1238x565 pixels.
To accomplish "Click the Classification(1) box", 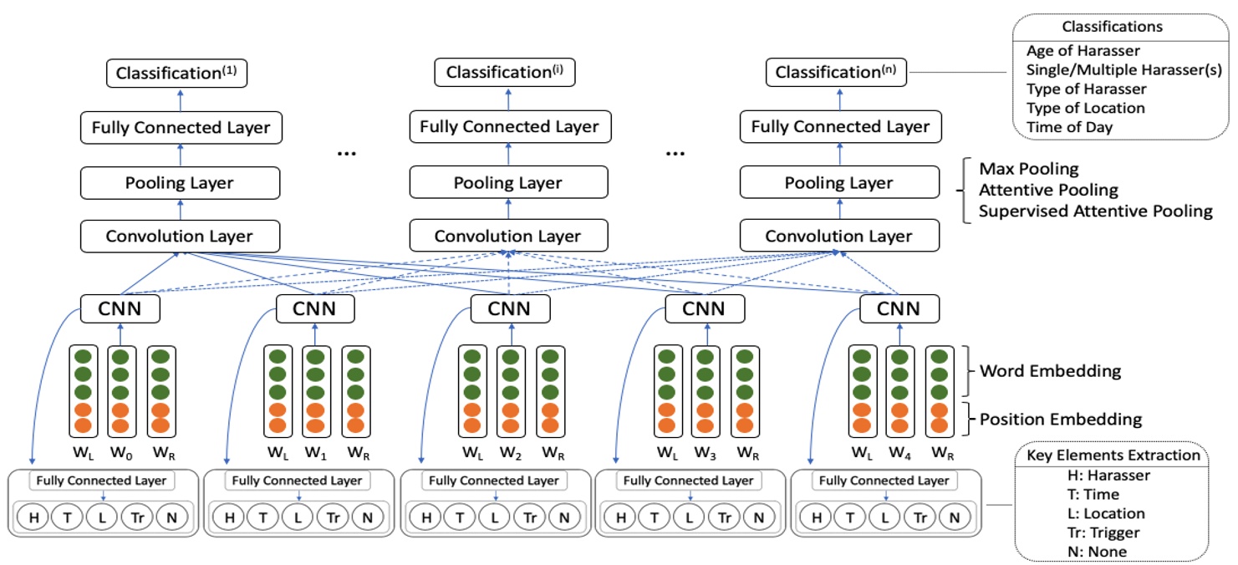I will tap(177, 74).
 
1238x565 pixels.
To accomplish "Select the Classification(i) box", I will tap(505, 74).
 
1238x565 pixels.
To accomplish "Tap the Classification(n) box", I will tap(837, 74).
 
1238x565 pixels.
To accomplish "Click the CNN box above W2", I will tap(510, 309).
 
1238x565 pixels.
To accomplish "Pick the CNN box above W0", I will tap(120, 309).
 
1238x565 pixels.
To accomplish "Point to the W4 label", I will tap(901, 454).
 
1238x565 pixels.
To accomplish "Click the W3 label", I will tap(706, 454).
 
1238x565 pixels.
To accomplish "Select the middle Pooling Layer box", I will tap(508, 183).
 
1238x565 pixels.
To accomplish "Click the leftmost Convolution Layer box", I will tap(179, 237).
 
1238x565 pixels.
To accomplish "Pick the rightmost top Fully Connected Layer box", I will tap(840, 128).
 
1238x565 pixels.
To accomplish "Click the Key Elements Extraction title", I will tap(1109, 456).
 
